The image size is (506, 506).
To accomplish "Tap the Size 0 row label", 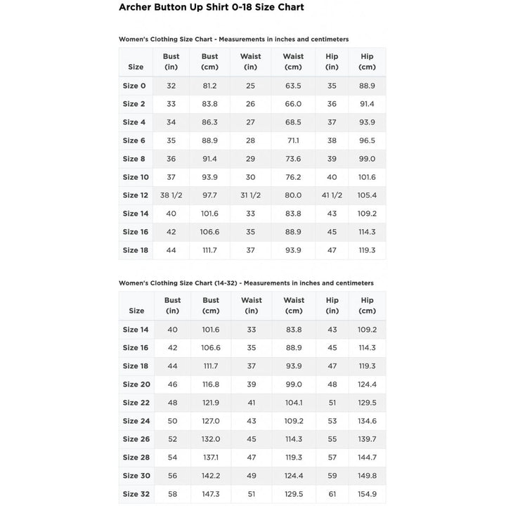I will pos(134,86).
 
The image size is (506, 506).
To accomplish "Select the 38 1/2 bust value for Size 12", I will pos(171,195).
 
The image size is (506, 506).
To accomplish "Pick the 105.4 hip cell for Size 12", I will pos(367,195).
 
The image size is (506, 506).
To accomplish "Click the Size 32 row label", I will pos(136,494).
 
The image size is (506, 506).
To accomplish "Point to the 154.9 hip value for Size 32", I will pos(368,494).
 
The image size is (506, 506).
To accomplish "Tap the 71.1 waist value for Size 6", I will pos(293,141).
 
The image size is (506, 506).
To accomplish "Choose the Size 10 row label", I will pos(136,177).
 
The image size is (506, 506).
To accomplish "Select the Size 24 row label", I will pos(136,421).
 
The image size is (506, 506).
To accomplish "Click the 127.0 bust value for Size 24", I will pos(211,421).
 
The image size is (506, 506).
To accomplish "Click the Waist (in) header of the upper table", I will pos(251,62).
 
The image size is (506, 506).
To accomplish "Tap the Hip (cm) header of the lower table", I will pos(368,305).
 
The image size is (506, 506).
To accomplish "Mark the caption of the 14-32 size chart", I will pos(246,283).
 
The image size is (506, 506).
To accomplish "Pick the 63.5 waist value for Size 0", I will pos(293,86).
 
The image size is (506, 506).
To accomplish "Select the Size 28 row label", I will pos(136,458).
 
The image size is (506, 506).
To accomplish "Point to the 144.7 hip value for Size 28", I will pos(368,458).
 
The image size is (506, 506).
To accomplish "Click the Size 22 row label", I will pos(136,403).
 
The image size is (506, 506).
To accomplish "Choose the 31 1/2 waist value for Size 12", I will pos(251,195).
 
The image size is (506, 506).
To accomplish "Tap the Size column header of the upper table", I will pos(136,67).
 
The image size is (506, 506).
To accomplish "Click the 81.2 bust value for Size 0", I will pos(210,86).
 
